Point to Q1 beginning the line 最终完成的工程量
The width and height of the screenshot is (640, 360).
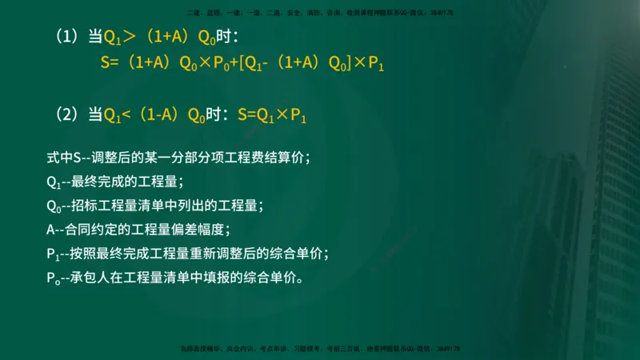point(54,182)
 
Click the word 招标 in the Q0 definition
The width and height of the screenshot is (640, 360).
point(87,206)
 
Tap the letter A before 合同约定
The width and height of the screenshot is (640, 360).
point(51,230)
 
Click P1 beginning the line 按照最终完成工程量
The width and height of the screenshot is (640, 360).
point(54,254)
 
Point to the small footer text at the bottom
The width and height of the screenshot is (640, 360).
point(320,349)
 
